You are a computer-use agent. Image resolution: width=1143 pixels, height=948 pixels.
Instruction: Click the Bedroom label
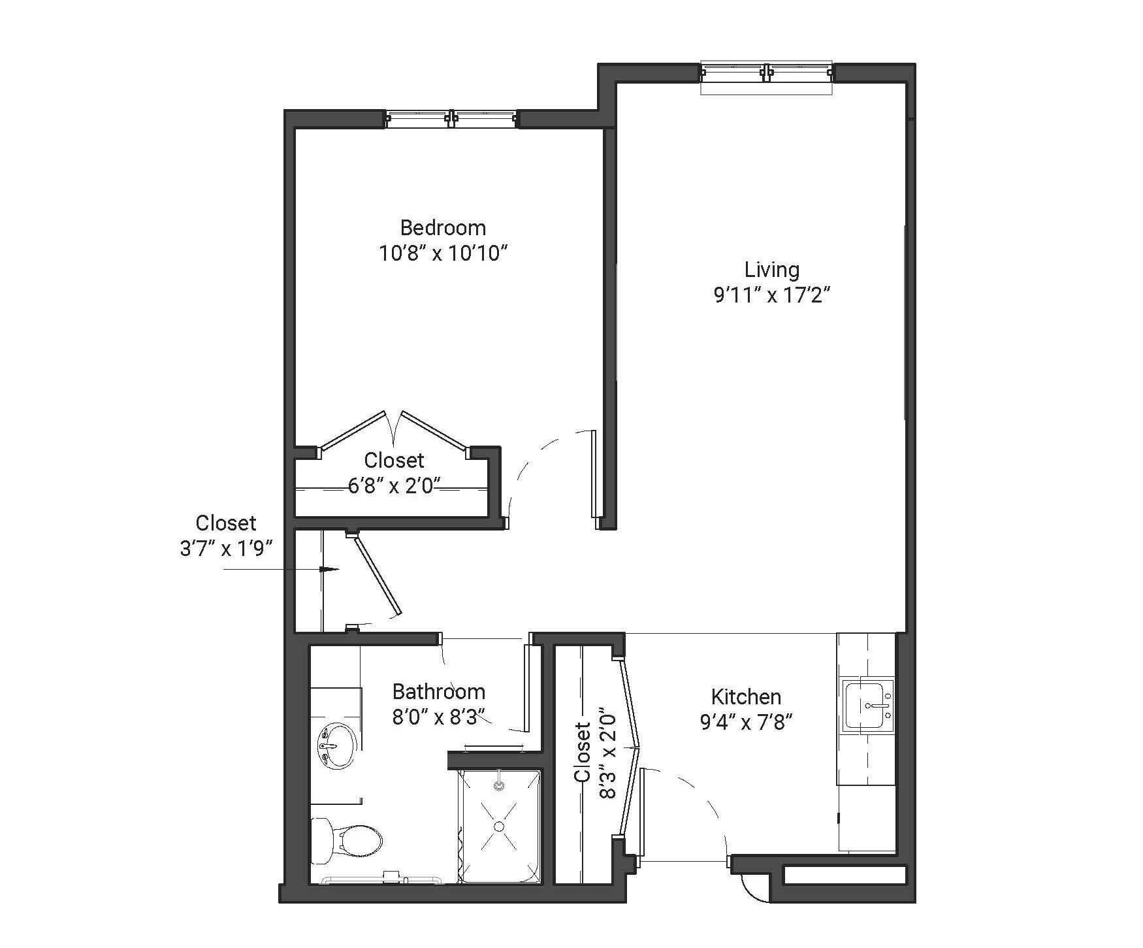pos(443,228)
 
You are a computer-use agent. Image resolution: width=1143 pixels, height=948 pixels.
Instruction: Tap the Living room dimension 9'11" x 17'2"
pos(771,296)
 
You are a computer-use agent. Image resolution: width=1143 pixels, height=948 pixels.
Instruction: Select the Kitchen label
pos(746,696)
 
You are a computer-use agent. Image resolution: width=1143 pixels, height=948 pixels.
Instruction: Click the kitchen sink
pos(868,706)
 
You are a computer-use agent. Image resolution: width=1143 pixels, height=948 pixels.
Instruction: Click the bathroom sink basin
pos(338,745)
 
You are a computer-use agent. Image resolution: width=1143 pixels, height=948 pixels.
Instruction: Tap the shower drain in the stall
pos(499,826)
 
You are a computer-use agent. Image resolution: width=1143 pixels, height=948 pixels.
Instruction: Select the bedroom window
pos(451,119)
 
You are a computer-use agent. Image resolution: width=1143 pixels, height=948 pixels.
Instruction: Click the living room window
pos(766,72)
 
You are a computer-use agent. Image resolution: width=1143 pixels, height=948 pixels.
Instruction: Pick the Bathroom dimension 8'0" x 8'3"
pos(439,717)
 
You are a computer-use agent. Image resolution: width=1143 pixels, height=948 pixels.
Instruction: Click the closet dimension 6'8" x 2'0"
pos(394,486)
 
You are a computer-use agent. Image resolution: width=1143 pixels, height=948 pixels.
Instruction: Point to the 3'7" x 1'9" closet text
pos(225,548)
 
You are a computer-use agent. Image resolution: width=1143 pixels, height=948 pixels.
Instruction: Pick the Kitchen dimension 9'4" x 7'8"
pos(746,722)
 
